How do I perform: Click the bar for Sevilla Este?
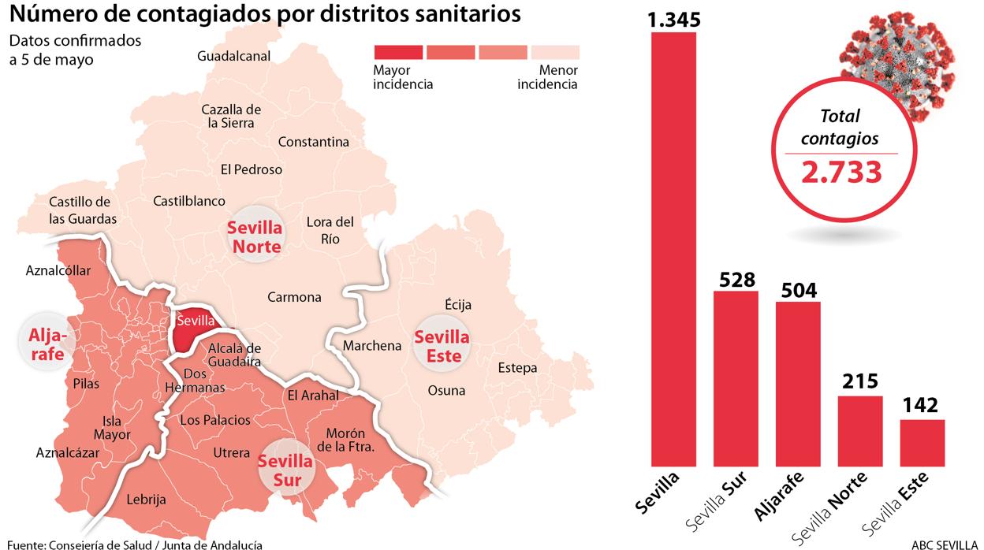[x=922, y=443]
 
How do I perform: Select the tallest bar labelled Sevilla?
[x=673, y=249]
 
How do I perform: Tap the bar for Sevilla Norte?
[x=860, y=431]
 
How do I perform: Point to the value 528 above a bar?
[x=736, y=280]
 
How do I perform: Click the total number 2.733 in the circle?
[x=840, y=171]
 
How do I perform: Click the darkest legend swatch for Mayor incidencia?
[x=397, y=52]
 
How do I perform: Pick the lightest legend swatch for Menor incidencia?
[x=555, y=52]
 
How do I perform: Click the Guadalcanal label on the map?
[x=234, y=56]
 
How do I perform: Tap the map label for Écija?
[x=458, y=305]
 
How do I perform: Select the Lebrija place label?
[x=146, y=500]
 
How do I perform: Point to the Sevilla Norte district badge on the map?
[x=254, y=236]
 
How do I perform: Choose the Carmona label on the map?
[x=294, y=297]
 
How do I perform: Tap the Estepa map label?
[x=517, y=368]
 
